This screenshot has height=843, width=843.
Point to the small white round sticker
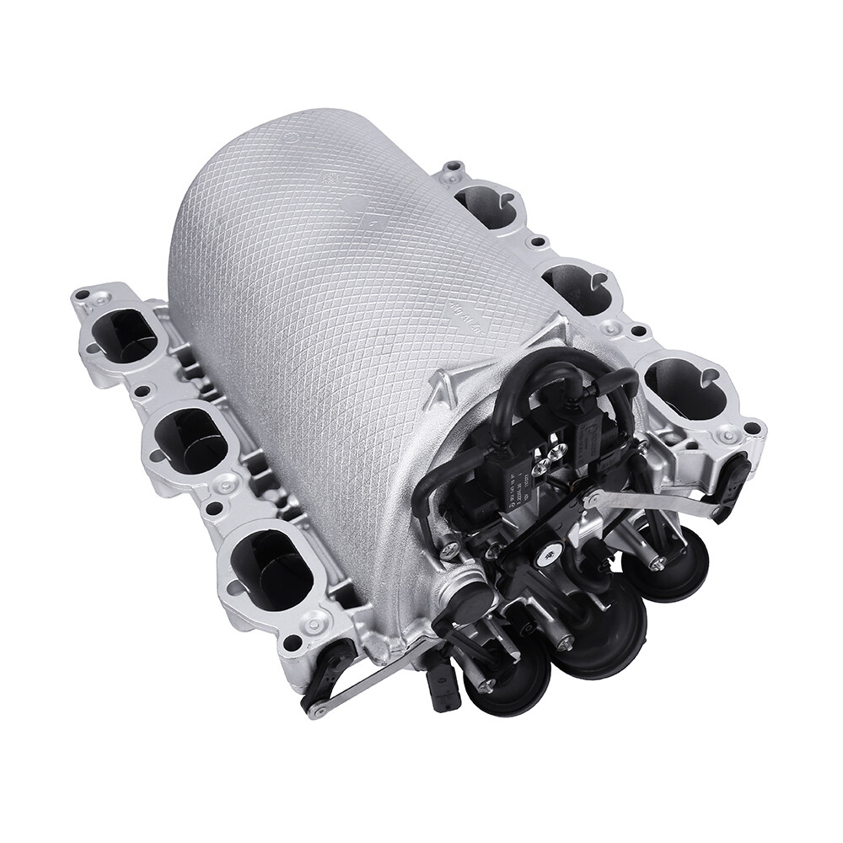[x=549, y=553]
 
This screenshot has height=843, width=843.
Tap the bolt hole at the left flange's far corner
[x=83, y=296]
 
